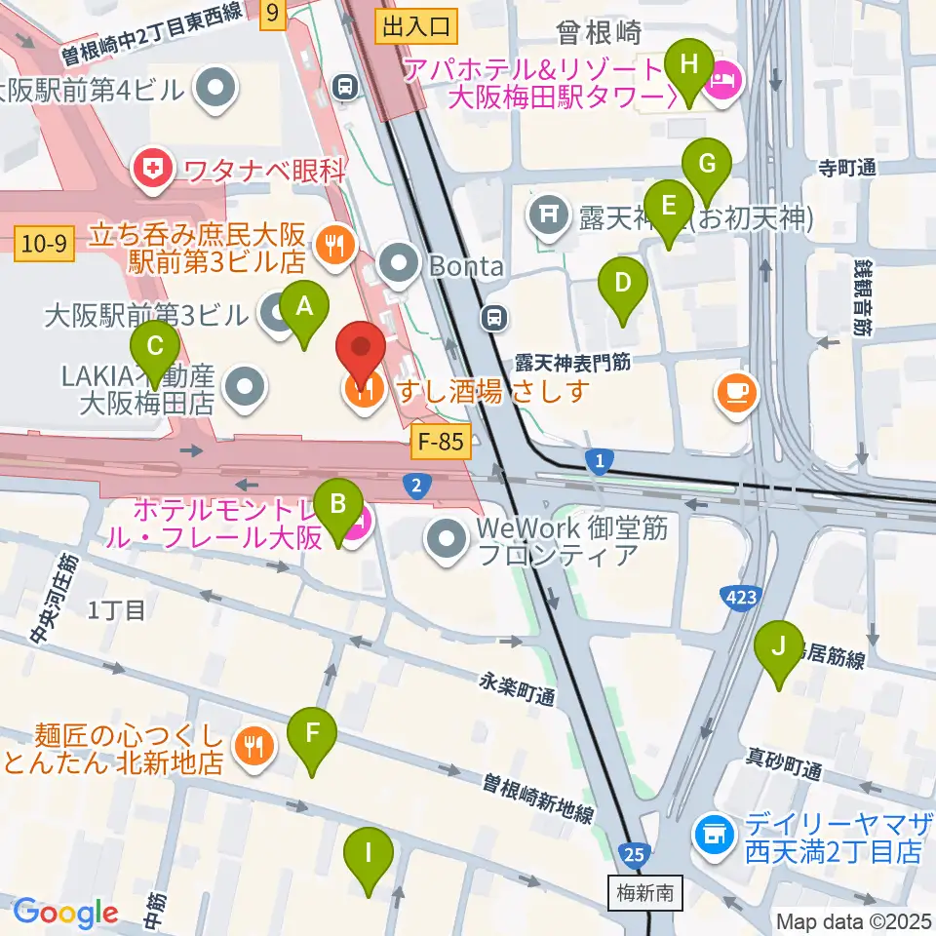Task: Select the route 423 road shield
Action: point(738,595)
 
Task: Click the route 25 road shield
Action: point(635,855)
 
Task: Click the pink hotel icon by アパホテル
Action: point(723,79)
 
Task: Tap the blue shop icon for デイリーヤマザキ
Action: point(713,834)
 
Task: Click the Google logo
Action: point(65,913)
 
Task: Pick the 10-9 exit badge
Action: point(46,244)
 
